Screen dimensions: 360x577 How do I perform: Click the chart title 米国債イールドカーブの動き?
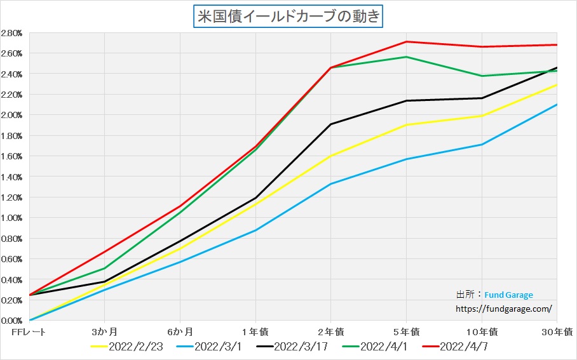tap(288, 16)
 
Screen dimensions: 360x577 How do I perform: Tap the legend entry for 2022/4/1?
tap(381, 347)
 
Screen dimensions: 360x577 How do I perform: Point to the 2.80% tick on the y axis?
tap(11, 33)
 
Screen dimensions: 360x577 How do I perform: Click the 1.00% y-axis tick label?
tap(11, 218)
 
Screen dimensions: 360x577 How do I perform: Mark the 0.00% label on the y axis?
tap(11, 321)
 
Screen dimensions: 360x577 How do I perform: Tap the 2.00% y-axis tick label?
tap(11, 115)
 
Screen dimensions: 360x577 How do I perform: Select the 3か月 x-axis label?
tap(104, 332)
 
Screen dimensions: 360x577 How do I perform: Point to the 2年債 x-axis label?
tap(330, 332)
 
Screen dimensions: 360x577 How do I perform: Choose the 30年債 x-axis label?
tap(560, 332)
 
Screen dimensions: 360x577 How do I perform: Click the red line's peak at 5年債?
tap(406, 42)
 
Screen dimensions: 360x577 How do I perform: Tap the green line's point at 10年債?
tap(482, 76)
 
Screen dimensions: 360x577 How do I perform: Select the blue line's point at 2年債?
tap(330, 184)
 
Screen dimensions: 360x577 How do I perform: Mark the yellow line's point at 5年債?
tap(406, 125)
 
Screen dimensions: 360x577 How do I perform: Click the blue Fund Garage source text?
tap(508, 295)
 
